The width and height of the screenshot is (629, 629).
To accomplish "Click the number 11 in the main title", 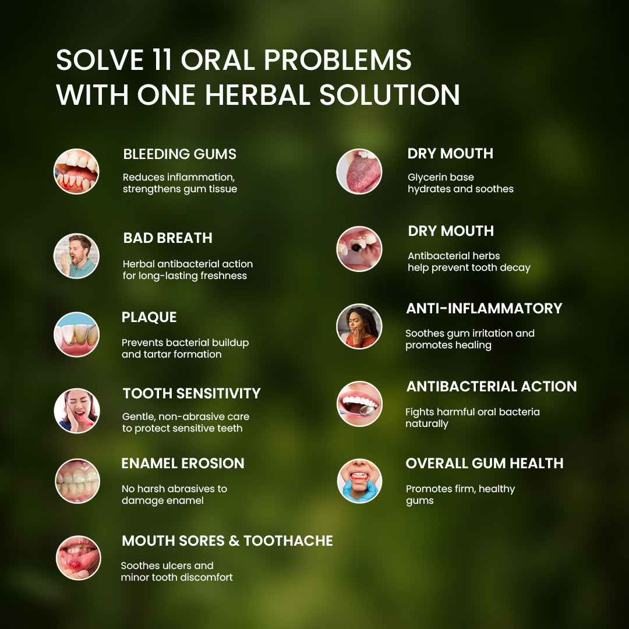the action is (x=162, y=60).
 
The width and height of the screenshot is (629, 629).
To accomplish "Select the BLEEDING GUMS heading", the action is (x=180, y=154).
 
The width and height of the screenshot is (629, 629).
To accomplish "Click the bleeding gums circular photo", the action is (x=76, y=172).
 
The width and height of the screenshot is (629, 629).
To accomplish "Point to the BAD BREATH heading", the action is (x=168, y=238).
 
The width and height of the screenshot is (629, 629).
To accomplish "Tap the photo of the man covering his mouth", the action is (x=76, y=256).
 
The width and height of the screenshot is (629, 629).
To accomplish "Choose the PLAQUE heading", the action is (x=149, y=317).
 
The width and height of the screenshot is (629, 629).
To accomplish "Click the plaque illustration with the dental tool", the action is (x=76, y=334).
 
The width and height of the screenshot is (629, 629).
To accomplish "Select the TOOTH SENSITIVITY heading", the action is (x=192, y=394).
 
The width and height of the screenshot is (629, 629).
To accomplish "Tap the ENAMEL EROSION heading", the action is (x=183, y=464).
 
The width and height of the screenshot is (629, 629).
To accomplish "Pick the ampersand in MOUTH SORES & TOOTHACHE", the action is (x=234, y=540).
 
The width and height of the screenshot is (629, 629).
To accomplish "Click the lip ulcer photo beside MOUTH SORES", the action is (x=78, y=558).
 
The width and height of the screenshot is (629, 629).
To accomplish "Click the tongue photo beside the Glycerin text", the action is (x=359, y=172).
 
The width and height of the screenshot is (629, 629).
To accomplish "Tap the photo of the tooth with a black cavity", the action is (x=359, y=249).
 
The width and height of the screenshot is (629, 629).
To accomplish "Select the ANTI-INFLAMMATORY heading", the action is (x=484, y=309).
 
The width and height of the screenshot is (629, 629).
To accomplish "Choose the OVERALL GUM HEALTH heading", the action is (x=485, y=464).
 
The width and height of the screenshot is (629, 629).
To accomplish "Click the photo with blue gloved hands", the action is (x=359, y=481).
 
